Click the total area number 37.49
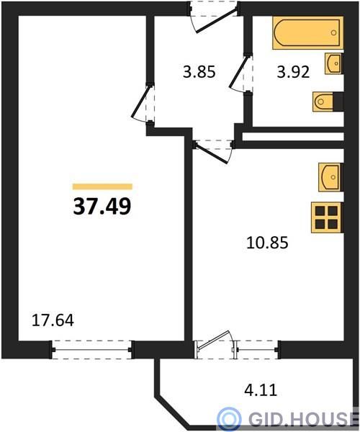[x=102, y=207]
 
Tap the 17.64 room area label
[x=53, y=320]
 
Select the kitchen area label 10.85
[x=267, y=243]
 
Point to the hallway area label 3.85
[x=199, y=72]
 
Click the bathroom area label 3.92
[x=293, y=72]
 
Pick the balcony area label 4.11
[x=261, y=390]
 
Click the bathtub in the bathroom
[x=307, y=33]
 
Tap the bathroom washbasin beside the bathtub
[x=334, y=63]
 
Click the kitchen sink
[x=330, y=177]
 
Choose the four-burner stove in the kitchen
[x=327, y=217]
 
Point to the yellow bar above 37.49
[x=102, y=186]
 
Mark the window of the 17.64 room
[x=91, y=350]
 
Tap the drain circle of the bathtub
[x=333, y=33]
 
